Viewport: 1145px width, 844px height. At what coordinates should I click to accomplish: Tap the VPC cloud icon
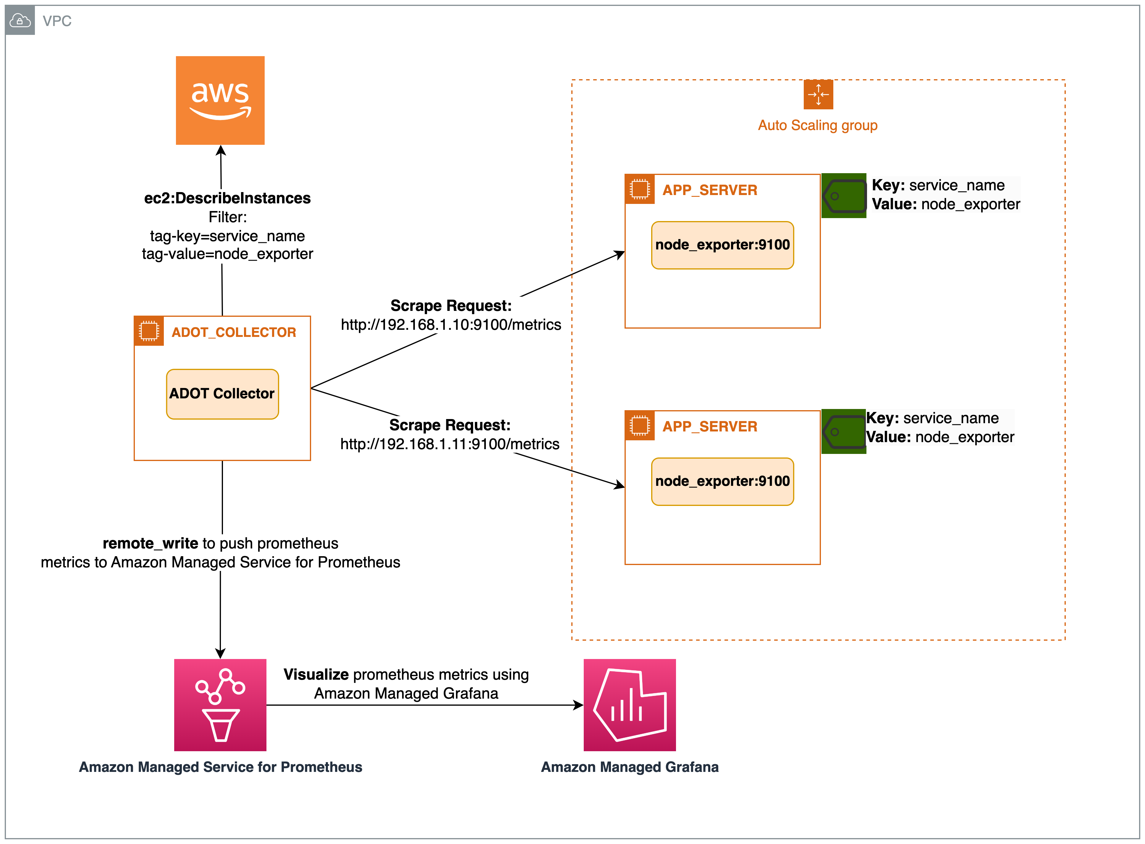[20, 20]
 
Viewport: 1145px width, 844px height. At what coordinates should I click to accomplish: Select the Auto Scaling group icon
[818, 95]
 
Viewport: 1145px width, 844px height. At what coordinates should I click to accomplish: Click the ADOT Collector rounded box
[222, 394]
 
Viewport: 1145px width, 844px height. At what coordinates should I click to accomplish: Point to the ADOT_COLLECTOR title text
[234, 332]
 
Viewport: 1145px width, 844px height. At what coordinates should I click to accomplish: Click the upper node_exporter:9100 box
[722, 245]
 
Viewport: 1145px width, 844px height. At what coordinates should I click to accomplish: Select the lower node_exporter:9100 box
[722, 481]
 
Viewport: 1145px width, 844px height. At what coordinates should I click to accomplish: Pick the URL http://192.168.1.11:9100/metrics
[450, 444]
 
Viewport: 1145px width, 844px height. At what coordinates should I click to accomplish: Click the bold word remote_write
[150, 543]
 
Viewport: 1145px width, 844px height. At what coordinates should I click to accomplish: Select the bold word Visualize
[316, 674]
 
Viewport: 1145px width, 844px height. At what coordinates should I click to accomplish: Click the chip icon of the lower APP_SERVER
[639, 426]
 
